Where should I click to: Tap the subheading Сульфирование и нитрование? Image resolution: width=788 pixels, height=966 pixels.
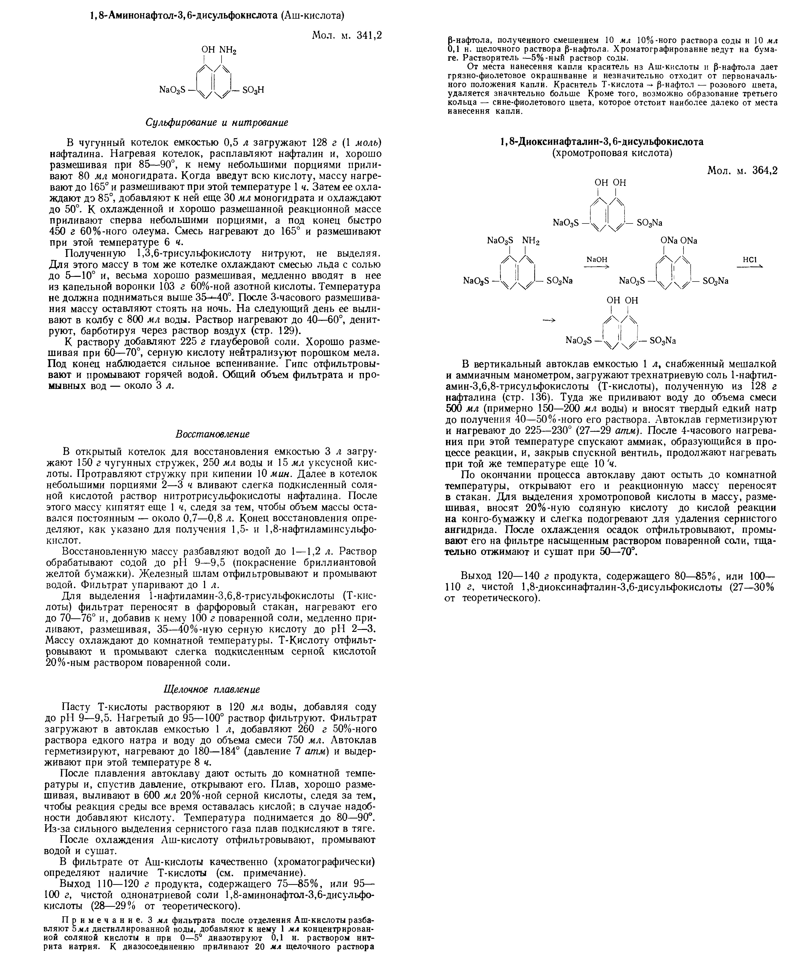217,123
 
